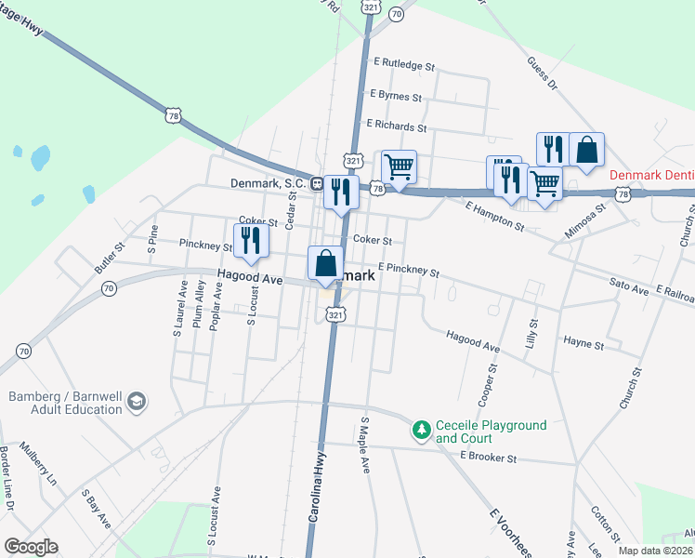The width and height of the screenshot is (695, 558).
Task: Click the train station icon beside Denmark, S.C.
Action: click(317, 183)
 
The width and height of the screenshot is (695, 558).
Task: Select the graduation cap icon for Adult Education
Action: click(137, 401)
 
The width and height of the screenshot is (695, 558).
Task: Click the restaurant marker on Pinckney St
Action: click(251, 240)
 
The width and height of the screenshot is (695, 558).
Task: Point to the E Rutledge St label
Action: click(404, 66)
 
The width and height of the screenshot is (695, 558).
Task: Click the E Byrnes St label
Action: click(396, 96)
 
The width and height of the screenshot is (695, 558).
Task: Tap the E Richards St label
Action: click(397, 126)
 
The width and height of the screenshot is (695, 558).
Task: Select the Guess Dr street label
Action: click(541, 73)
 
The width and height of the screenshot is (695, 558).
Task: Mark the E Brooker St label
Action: click(488, 458)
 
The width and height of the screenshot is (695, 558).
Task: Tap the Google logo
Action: click(31, 547)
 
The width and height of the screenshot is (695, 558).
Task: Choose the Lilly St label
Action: click(533, 334)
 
